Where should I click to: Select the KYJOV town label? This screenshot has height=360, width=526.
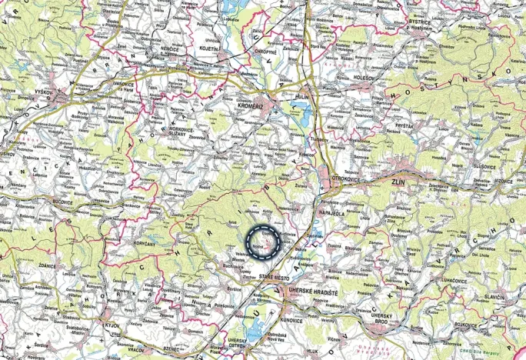pos(110,327)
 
